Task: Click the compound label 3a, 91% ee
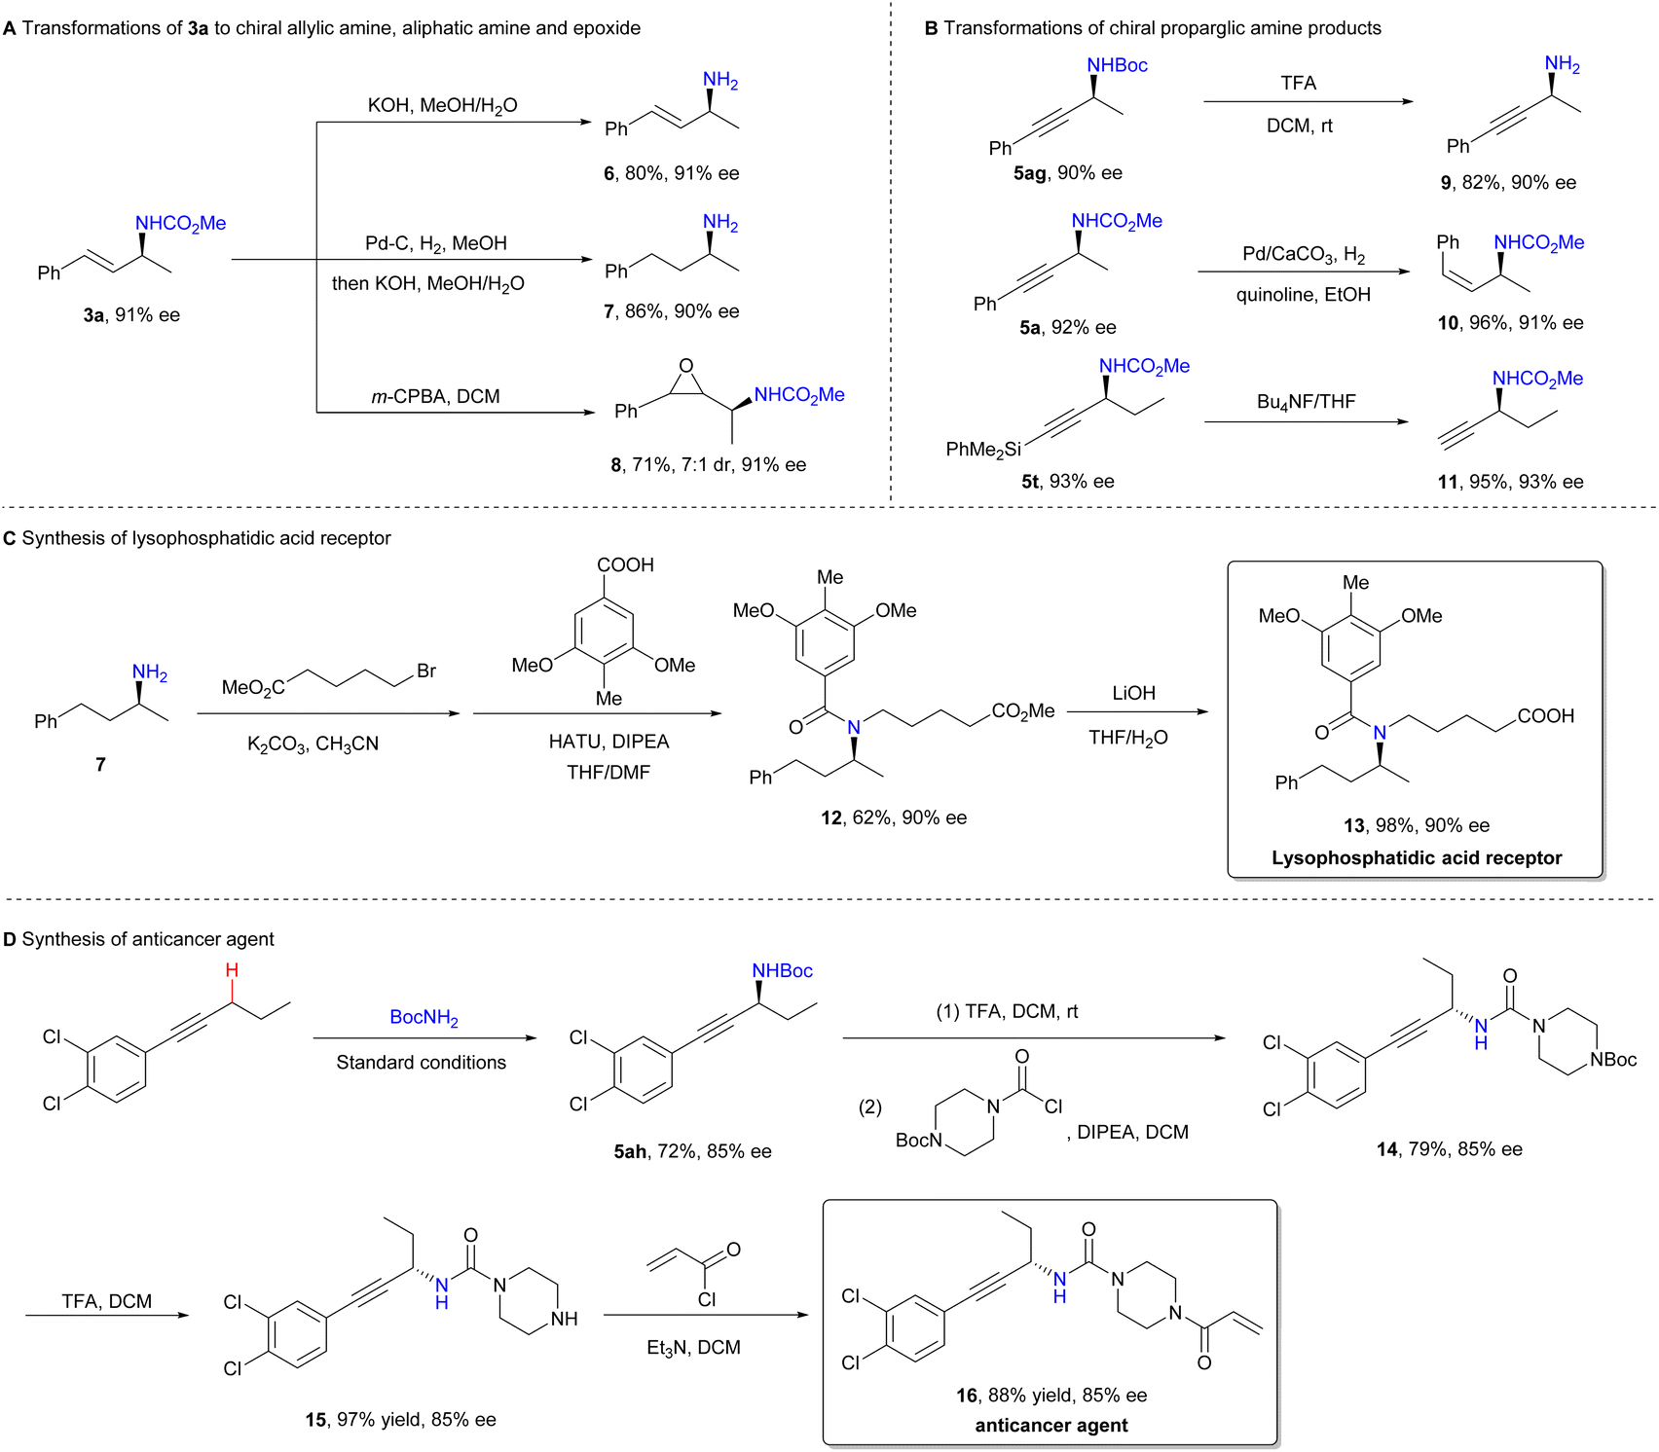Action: pos(131,314)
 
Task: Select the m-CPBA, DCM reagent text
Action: pos(435,396)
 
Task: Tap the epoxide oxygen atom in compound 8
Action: pos(686,367)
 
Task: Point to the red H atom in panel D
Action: pos(232,970)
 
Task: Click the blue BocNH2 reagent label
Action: pos(424,1018)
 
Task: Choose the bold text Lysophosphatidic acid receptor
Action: pos(1417,857)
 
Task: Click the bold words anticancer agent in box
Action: pos(1051,1425)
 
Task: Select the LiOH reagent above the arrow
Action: pos(1134,693)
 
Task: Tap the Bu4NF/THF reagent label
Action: pos(1307,402)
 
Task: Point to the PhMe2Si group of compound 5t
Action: pos(983,450)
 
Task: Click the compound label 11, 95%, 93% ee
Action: pos(1511,482)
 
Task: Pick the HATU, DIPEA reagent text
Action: pos(609,742)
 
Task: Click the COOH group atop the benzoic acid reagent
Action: pos(625,564)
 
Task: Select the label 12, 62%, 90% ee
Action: pos(894,817)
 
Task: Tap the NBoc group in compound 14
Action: pos(1613,1060)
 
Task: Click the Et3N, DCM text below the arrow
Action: pos(693,1348)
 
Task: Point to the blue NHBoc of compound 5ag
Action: pos(1117,65)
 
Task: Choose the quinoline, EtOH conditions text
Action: pos(1304,295)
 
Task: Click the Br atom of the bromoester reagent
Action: pos(426,671)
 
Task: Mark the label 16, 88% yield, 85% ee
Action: pos(1051,1396)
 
